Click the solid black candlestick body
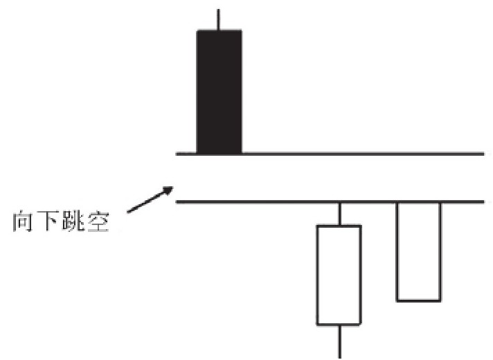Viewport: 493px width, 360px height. click(x=219, y=92)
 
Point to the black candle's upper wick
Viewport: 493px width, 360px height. click(x=218, y=19)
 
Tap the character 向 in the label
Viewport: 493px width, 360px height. click(x=22, y=222)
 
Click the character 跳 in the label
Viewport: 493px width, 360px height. click(x=73, y=222)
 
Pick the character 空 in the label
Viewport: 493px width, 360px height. click(x=98, y=222)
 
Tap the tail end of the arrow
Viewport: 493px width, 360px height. click(x=127, y=212)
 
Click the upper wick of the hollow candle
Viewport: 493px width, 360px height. click(x=339, y=214)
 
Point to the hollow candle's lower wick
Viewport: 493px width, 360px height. click(x=339, y=341)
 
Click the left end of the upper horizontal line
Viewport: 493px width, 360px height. click(x=177, y=154)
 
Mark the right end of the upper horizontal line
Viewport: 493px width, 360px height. click(x=483, y=154)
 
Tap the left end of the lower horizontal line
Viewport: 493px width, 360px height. click(x=177, y=201)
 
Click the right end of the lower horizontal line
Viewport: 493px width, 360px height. click(x=483, y=201)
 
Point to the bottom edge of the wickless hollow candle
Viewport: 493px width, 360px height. click(x=418, y=300)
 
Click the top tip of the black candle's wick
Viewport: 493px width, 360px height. click(x=218, y=10)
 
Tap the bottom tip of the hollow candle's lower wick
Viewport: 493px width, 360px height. click(x=339, y=358)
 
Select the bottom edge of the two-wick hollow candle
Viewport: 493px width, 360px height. click(x=339, y=323)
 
